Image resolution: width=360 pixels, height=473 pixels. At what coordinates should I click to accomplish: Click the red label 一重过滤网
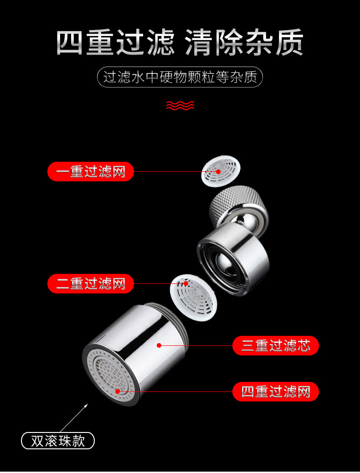[x=91, y=172]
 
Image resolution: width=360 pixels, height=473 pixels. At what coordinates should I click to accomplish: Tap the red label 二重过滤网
[x=91, y=284]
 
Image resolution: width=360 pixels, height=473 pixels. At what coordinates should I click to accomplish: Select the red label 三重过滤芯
[x=275, y=345]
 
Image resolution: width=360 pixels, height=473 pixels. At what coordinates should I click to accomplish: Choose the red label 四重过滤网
[x=275, y=391]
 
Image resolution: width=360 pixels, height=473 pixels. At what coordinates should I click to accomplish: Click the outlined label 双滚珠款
[x=58, y=441]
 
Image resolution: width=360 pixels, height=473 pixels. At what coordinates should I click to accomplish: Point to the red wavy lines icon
[x=180, y=106]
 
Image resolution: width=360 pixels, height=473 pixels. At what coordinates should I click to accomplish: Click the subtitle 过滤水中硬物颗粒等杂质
[x=180, y=77]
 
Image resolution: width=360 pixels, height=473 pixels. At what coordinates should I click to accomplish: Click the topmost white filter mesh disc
[x=221, y=171]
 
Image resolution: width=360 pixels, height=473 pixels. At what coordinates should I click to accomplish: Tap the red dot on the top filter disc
[x=218, y=172]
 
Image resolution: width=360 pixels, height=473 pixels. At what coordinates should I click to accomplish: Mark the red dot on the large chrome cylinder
[x=159, y=345]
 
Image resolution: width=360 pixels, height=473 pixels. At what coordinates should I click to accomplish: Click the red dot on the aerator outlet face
[x=118, y=391]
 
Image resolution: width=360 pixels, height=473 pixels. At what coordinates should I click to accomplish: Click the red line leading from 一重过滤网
[x=169, y=172]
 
